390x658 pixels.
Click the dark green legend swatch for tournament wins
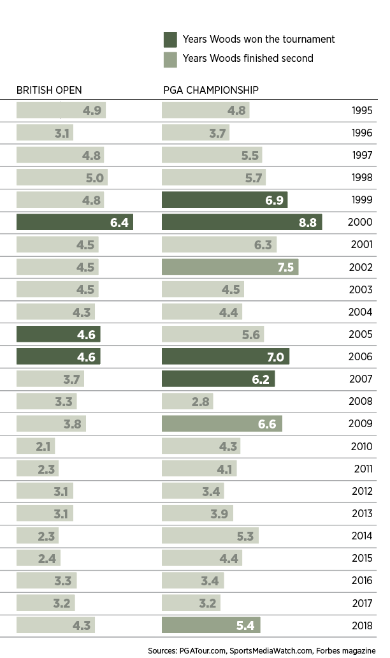coord(170,40)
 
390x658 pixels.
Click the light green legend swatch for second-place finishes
coord(170,58)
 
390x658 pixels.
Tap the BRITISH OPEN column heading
coord(49,91)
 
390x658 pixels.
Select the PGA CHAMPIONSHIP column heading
coord(211,91)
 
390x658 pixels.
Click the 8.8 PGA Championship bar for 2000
coord(242,222)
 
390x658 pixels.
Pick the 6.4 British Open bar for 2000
coord(75,222)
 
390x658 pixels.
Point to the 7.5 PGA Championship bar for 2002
coord(230,267)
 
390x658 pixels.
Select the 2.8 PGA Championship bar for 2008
coord(187,401)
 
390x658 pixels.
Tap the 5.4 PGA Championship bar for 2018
coord(211,625)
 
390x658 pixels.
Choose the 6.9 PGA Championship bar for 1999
coord(225,200)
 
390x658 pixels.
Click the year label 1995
coord(362,110)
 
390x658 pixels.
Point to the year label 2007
coord(362,379)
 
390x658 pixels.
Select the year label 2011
coord(362,469)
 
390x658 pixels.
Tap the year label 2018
coord(362,625)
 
